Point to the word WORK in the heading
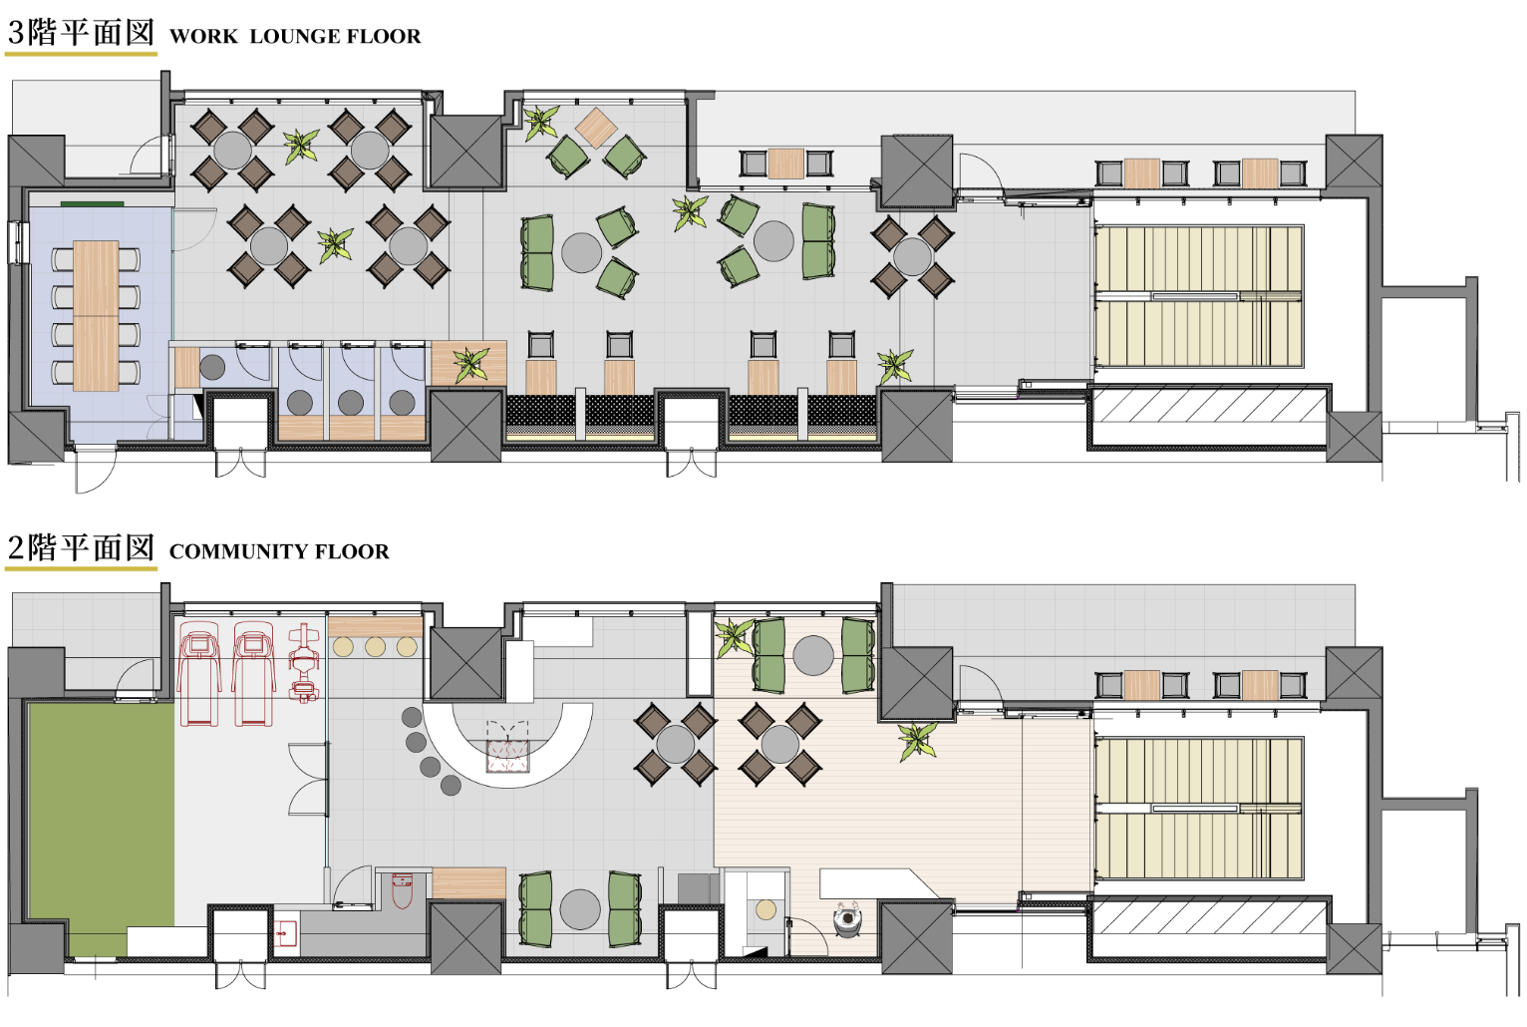click(203, 36)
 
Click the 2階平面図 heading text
click(81, 548)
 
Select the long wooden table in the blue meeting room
click(96, 316)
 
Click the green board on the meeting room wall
click(92, 203)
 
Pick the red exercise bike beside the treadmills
click(304, 663)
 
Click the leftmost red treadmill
click(199, 673)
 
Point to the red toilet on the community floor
click(403, 891)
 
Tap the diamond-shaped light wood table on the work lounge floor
click(596, 128)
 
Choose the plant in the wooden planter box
click(471, 364)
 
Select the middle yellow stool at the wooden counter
click(375, 646)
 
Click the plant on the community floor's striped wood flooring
click(918, 741)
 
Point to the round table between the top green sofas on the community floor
click(812, 655)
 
